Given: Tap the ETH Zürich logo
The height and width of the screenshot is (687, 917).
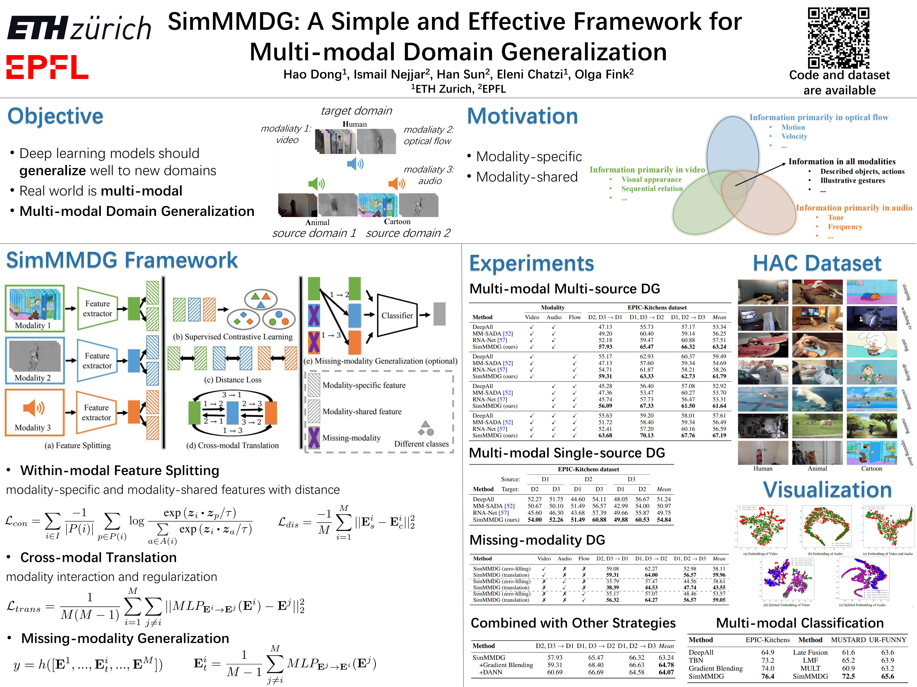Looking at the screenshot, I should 79,28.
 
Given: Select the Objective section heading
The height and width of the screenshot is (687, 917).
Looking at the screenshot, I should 56,116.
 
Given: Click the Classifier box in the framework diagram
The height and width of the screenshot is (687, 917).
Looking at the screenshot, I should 397,316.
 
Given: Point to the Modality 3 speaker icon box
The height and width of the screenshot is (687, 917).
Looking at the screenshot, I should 34,412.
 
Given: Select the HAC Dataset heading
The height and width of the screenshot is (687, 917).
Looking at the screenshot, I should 817,263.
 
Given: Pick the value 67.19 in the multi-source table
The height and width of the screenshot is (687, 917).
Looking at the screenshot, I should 719,436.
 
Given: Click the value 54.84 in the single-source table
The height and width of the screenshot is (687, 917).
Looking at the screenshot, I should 664,520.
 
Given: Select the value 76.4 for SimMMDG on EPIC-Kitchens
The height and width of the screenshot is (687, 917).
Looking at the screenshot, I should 768,676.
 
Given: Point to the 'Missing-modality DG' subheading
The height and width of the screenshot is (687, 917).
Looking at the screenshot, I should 537,540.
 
